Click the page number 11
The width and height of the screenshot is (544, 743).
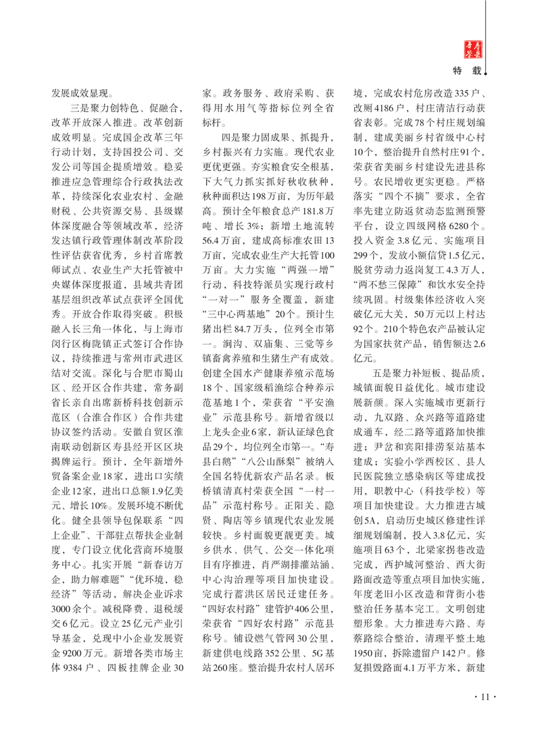point(480,698)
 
